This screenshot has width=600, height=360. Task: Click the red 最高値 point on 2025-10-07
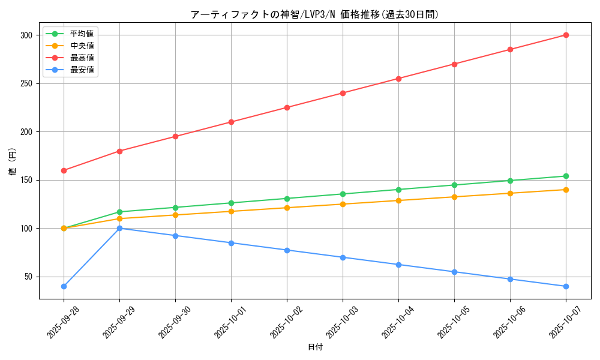(566, 35)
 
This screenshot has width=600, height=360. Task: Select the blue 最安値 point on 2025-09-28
(64, 286)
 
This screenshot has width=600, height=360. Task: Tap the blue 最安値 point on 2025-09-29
(119, 228)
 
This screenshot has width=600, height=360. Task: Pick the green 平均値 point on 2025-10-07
(566, 176)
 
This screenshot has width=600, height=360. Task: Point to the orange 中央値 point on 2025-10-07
(566, 190)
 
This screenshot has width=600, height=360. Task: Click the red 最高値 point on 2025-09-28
(64, 170)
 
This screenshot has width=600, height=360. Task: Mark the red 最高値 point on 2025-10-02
(287, 107)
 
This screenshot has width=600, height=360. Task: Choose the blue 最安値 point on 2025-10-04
(398, 265)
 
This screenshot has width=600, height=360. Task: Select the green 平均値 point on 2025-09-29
(119, 212)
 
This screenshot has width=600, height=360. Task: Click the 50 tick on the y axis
(28, 277)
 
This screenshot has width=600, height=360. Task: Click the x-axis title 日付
(314, 347)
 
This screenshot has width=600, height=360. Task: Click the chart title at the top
(314, 14)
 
